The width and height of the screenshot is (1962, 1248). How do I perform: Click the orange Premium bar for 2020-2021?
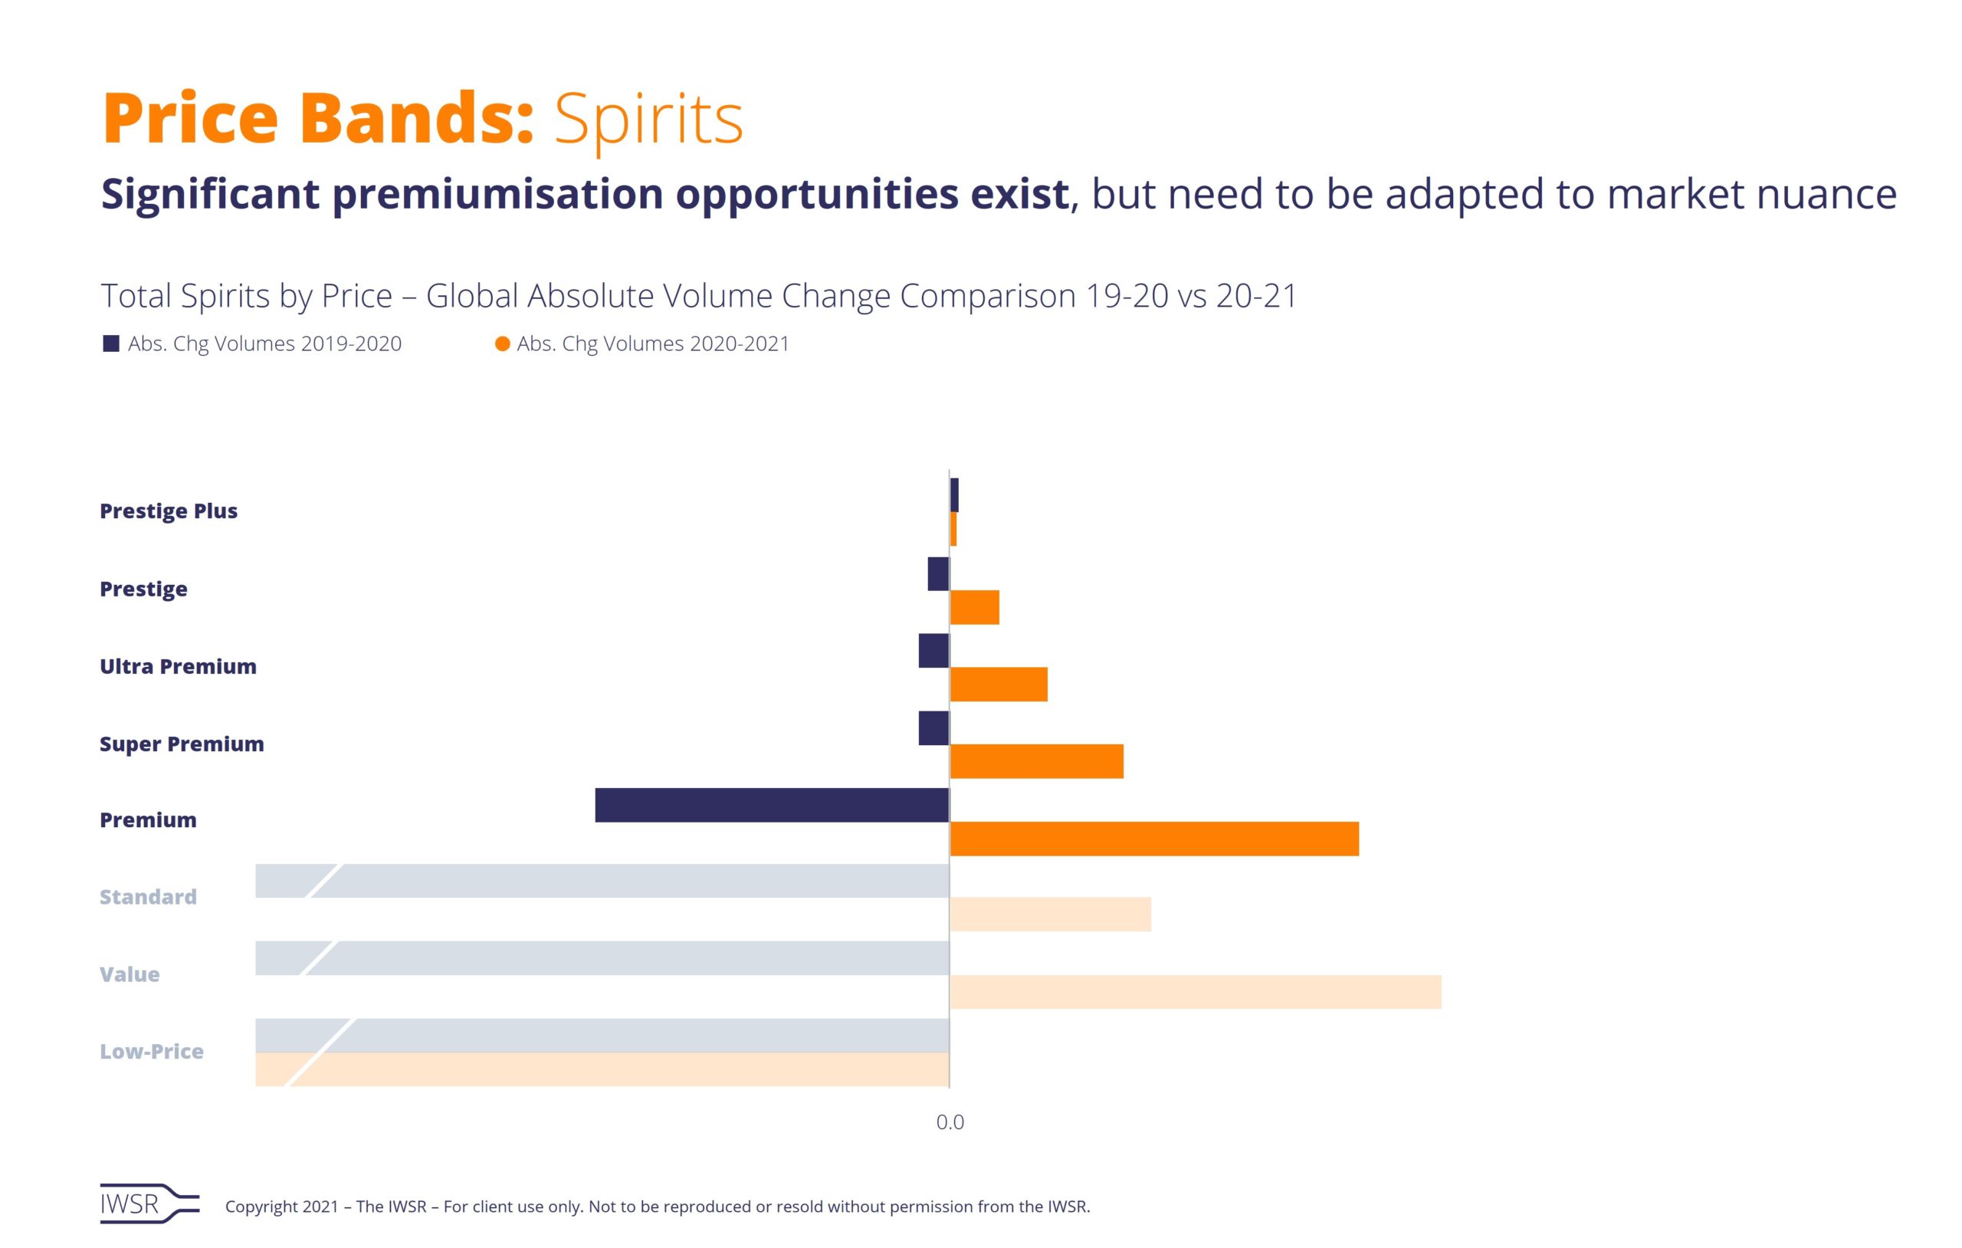pos(1153,839)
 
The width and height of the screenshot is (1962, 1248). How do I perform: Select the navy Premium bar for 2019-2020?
pos(772,805)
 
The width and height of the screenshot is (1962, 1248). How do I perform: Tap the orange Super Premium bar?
pos(1036,761)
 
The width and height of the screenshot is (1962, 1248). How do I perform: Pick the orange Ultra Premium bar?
pos(998,684)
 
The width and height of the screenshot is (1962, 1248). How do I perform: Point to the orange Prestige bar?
pos(974,607)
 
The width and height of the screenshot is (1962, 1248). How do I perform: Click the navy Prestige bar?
pos(938,574)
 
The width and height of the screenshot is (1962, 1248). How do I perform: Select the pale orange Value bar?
pos(1196,992)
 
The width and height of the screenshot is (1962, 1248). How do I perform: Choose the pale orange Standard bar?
pos(1050,915)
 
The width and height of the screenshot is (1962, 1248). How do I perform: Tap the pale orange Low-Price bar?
pos(602,1069)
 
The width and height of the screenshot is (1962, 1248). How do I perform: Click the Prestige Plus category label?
pos(169,511)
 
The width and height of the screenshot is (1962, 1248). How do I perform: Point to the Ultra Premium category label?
pos(178,667)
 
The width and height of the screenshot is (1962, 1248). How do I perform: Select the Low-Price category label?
pos(152,1052)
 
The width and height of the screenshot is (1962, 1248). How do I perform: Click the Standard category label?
pos(148,898)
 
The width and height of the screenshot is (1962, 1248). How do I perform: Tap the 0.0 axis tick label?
pos(950,1122)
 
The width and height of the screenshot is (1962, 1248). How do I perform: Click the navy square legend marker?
pos(112,344)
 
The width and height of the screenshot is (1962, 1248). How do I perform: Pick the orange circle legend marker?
pos(503,344)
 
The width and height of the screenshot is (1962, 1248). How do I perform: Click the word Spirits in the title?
pos(648,120)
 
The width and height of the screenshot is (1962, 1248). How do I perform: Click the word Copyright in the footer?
pos(261,1207)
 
